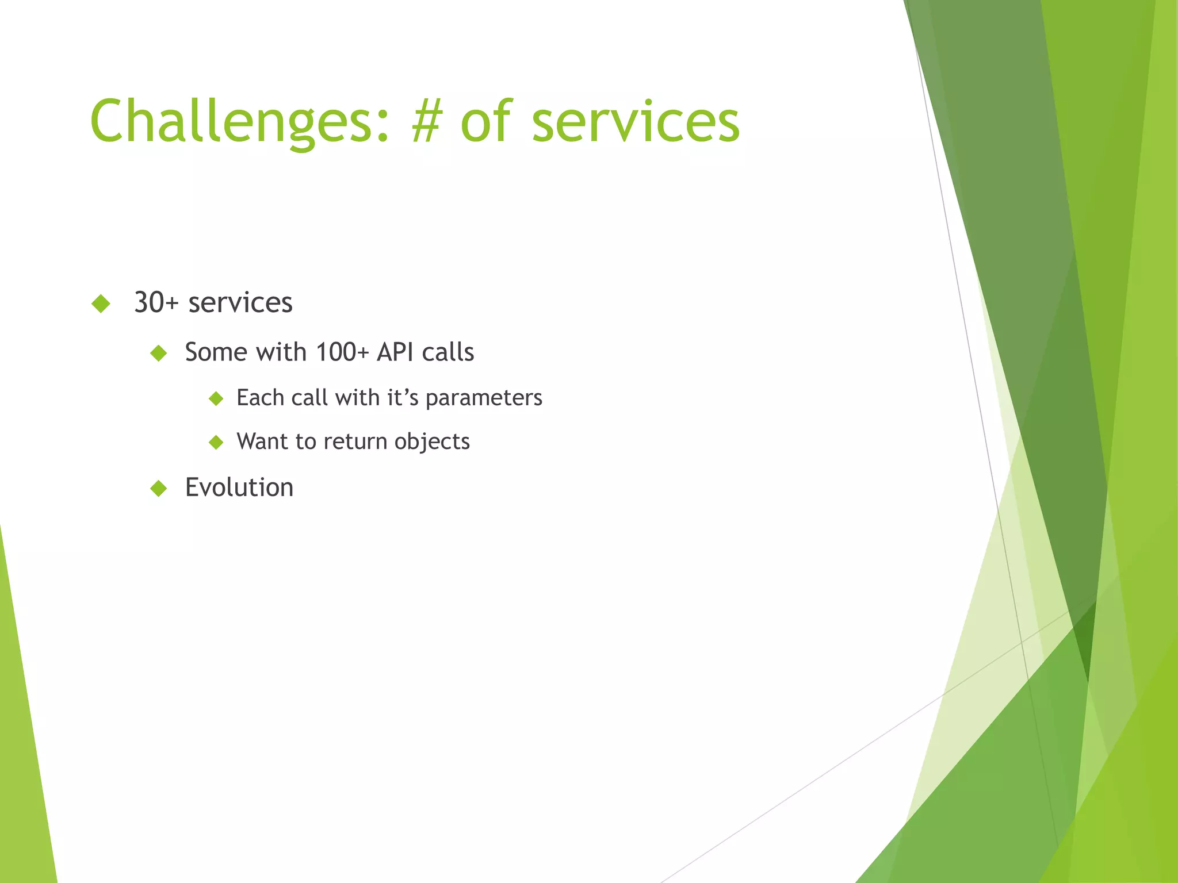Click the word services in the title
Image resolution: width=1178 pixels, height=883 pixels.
point(636,122)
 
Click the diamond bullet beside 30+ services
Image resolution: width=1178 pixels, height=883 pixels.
point(101,303)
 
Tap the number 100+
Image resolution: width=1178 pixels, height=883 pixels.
point(342,352)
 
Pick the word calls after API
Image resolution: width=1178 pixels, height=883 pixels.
point(448,352)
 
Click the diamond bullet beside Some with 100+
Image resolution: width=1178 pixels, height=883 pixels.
point(159,352)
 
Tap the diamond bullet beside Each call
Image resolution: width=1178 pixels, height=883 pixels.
point(216,398)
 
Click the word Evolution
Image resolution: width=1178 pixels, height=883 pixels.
point(239,487)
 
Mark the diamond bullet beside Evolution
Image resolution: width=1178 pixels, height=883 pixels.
point(159,488)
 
